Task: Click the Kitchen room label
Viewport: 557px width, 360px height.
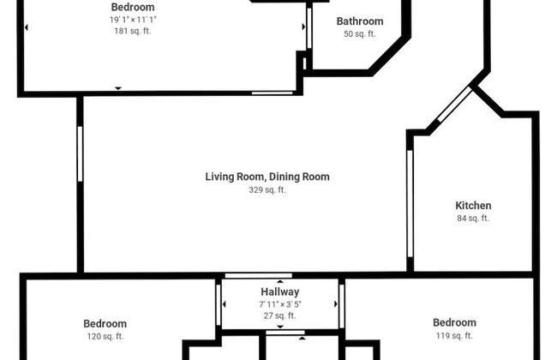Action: point(473,206)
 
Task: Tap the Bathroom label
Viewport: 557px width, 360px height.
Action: point(360,21)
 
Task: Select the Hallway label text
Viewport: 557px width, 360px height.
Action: point(280,292)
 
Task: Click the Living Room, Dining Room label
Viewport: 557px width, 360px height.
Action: point(267,177)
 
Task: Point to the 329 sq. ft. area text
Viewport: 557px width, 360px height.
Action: point(267,189)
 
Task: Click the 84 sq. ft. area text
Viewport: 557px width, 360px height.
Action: point(473,219)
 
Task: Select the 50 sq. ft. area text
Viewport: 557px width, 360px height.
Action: point(360,33)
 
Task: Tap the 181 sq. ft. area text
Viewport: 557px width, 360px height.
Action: point(133,31)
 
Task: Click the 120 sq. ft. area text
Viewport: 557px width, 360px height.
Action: point(105,336)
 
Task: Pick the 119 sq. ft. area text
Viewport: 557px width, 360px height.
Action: point(454,335)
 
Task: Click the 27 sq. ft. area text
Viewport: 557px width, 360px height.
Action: point(280,315)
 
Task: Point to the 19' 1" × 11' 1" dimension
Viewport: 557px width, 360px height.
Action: point(133,20)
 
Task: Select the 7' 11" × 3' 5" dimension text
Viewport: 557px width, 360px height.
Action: point(280,304)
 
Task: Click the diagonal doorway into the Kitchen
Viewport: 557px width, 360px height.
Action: point(455,104)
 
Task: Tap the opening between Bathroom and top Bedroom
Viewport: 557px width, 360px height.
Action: point(309,28)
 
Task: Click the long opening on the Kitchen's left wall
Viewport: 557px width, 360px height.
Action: point(410,203)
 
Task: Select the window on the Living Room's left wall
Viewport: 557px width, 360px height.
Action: point(80,154)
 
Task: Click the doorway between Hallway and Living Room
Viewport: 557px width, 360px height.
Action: point(259,275)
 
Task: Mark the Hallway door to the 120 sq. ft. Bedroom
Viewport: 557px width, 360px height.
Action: point(219,305)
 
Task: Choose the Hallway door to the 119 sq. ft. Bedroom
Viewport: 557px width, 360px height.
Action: point(342,306)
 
